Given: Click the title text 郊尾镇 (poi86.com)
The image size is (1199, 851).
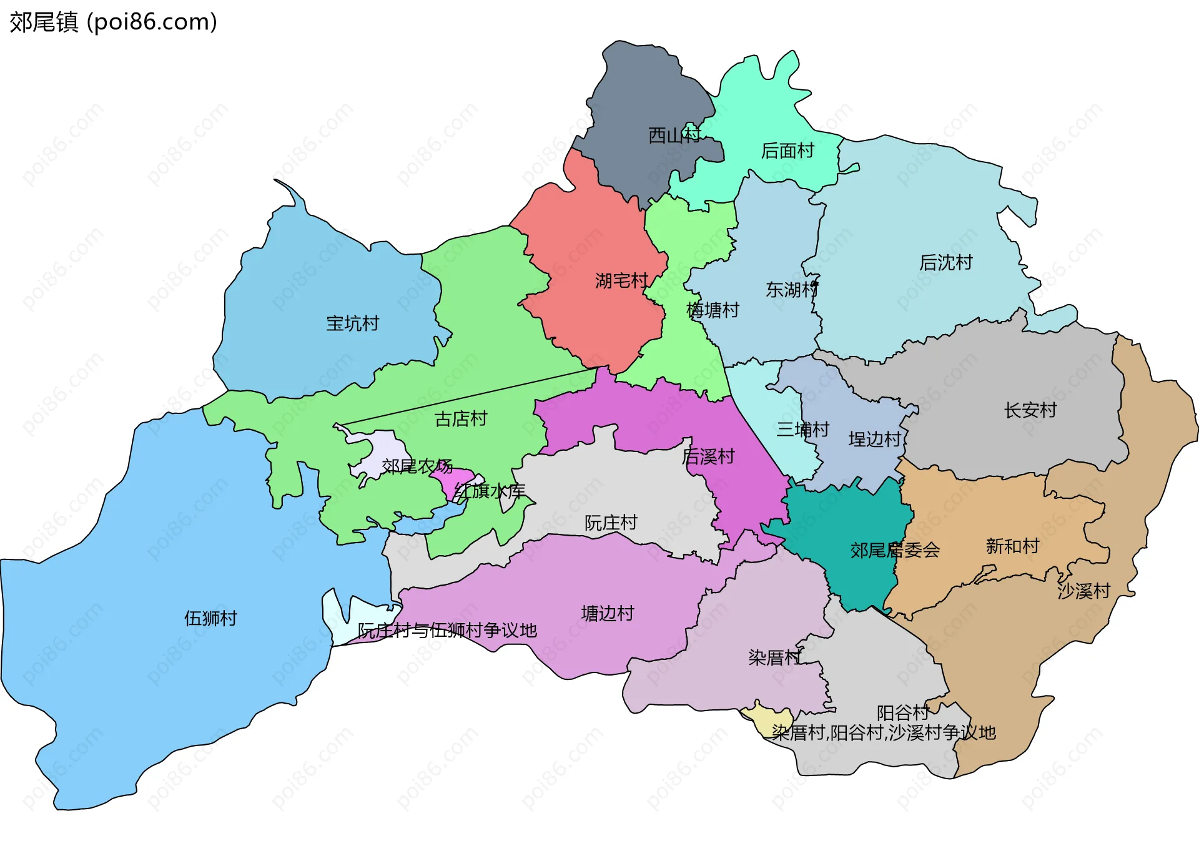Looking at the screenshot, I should (x=113, y=22).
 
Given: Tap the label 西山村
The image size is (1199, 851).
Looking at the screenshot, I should (x=674, y=135).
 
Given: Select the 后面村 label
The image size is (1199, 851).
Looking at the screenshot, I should (x=787, y=151).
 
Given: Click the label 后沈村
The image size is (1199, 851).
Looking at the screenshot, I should (x=945, y=263).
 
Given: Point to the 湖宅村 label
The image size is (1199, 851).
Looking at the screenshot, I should (x=621, y=281).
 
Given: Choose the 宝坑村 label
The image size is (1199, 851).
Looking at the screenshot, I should (x=352, y=323).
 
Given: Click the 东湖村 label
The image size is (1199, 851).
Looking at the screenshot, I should (x=791, y=290).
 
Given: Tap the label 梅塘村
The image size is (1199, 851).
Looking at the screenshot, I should (x=713, y=310).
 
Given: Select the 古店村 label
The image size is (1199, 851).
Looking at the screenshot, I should (x=461, y=419).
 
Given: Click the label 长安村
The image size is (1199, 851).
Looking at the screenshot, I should (x=1030, y=410).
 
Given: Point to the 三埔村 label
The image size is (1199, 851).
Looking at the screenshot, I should (x=802, y=430).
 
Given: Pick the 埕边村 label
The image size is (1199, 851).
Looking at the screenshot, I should (x=874, y=440).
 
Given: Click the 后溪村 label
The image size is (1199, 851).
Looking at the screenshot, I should (x=708, y=456).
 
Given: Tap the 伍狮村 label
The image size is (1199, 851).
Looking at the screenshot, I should (x=210, y=618).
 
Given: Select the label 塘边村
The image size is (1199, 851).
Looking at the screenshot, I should (x=607, y=614).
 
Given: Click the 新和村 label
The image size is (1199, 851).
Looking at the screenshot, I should (x=1012, y=546).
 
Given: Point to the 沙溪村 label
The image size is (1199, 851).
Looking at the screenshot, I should (x=1083, y=591).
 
